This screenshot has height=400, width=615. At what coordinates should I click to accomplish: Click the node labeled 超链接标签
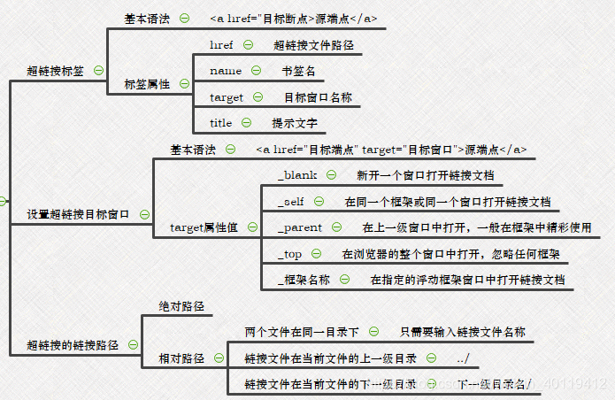coord(55,70)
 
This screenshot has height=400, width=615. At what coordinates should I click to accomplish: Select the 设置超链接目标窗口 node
coord(78,214)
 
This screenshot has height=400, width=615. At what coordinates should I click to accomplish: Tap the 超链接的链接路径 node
coord(73,345)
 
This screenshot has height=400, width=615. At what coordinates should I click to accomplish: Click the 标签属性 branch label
coord(147,84)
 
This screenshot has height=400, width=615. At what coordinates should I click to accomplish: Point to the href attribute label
coord(221,44)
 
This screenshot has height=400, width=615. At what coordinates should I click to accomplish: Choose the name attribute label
coord(226,71)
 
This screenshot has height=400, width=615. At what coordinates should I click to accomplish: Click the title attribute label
coord(221,123)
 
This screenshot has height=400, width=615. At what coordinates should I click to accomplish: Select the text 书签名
coord(298,71)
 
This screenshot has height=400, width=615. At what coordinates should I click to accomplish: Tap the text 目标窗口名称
coord(317,97)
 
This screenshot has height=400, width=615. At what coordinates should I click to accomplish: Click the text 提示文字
coord(294,123)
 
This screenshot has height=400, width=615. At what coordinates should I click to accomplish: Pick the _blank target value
coord(297,175)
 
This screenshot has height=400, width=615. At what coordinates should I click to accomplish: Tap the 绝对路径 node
coord(181,306)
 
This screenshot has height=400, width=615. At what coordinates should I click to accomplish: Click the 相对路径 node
coord(181,358)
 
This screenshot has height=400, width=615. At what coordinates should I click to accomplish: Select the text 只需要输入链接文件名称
coord(462,332)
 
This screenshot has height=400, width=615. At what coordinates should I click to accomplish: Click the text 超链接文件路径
coord(318,44)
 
